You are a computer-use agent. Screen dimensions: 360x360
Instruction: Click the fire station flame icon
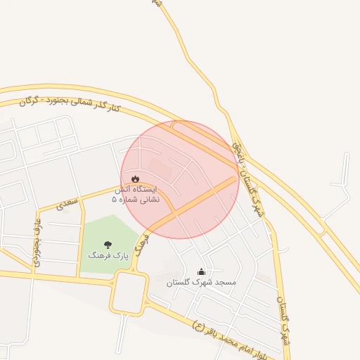pyautogui.click(x=135, y=179)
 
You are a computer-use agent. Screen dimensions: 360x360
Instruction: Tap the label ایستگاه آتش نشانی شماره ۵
pyautogui.click(x=135, y=195)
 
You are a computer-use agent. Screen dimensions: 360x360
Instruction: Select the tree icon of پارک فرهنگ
pyautogui.click(x=108, y=245)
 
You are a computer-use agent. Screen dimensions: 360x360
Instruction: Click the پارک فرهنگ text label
pyautogui.click(x=108, y=256)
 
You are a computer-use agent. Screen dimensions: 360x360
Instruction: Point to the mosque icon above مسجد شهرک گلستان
pyautogui.click(x=202, y=271)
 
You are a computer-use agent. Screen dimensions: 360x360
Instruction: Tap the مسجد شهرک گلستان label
pyautogui.click(x=202, y=282)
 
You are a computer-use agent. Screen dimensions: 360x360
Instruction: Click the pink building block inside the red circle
pyautogui.click(x=160, y=169)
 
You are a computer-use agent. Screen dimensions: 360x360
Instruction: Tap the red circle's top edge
pyautogui.click(x=180, y=121)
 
